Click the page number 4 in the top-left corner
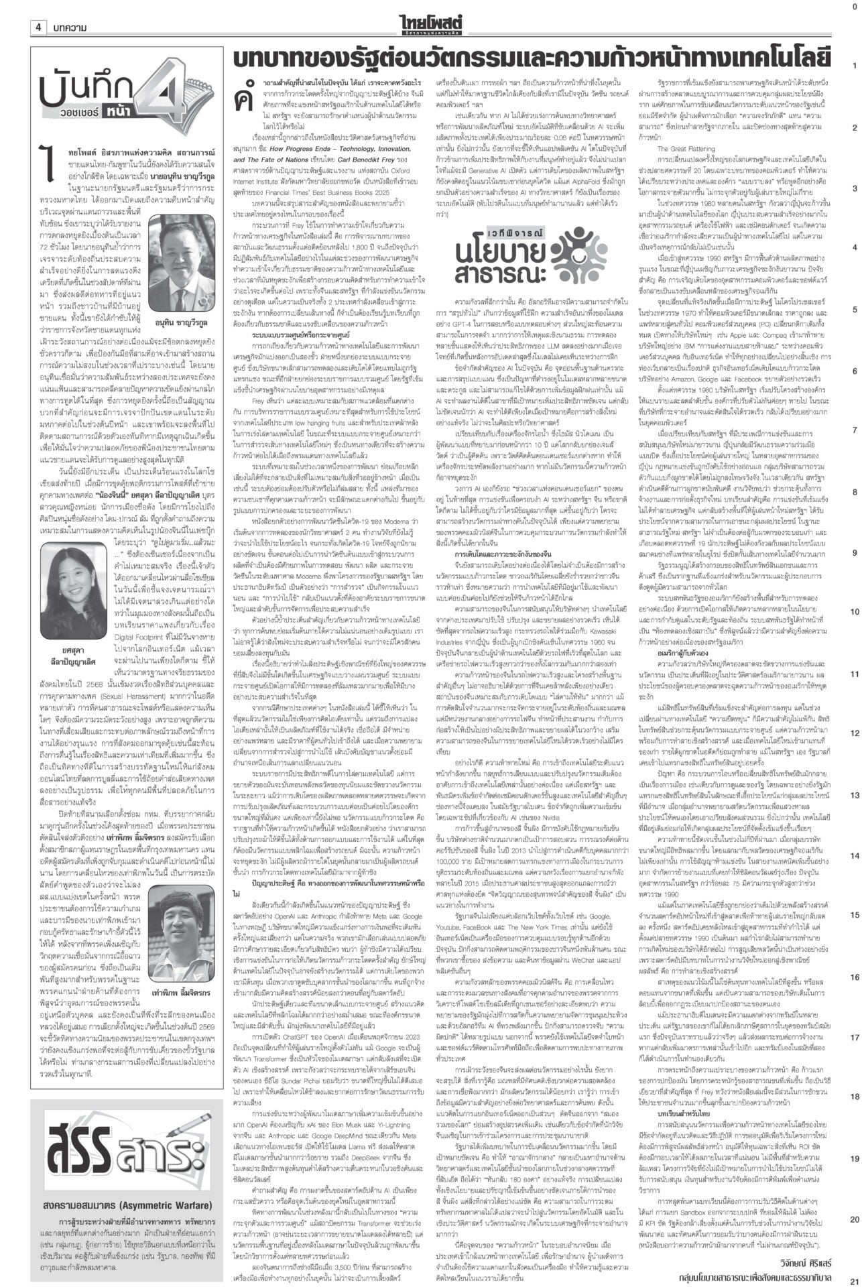tap(40, 27)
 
